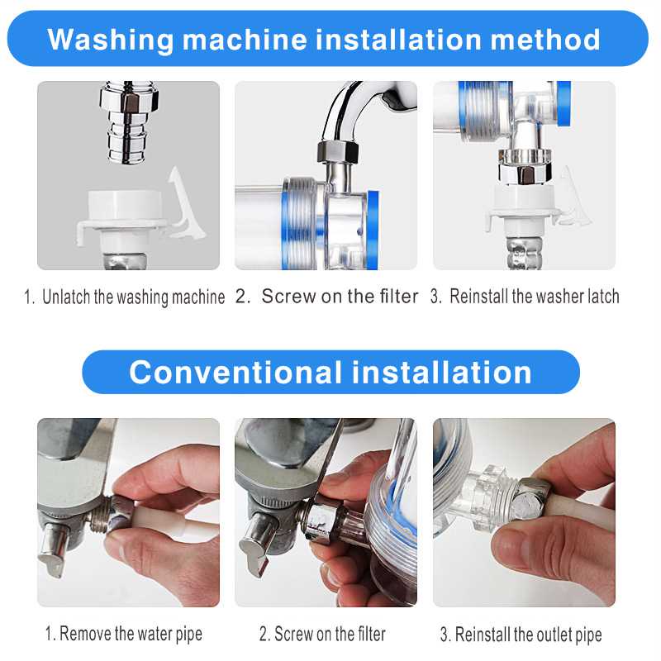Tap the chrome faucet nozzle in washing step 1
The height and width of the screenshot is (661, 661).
coord(129,122)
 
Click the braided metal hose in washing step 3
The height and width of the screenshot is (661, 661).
coord(524,252)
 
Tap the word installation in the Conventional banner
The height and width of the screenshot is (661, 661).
coord(441,373)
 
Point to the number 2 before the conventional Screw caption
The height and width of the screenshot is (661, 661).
coord(264,635)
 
